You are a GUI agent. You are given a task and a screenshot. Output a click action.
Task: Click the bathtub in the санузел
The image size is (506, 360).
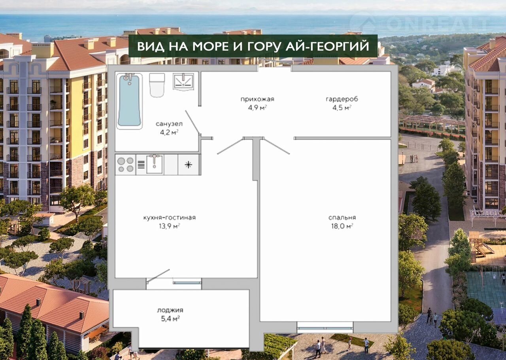click(x=129, y=101)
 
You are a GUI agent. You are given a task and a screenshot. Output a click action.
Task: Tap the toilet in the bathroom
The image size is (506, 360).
click(x=157, y=85)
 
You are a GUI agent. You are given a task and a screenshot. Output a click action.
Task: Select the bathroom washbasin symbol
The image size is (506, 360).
click(x=183, y=81)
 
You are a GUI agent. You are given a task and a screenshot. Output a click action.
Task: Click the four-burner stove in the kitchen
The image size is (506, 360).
click(x=125, y=165)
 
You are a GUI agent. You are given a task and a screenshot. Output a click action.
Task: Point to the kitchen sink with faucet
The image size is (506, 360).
click(x=154, y=164)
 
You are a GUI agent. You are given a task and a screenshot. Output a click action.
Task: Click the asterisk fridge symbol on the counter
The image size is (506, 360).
click(x=189, y=165)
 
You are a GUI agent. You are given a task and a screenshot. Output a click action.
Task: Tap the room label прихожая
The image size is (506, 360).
click(x=257, y=99)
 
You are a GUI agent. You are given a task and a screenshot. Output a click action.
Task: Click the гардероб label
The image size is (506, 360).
click(x=342, y=99)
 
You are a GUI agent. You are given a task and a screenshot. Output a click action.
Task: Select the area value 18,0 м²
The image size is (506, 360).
click(x=342, y=226)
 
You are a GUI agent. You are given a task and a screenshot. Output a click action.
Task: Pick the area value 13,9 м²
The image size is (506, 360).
click(x=169, y=226)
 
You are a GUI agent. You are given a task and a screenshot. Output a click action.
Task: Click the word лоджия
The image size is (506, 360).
click(x=170, y=310)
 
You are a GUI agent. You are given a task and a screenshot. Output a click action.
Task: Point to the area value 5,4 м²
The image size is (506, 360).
click(x=170, y=318)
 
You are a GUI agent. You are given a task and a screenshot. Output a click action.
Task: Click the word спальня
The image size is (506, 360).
click(x=342, y=218)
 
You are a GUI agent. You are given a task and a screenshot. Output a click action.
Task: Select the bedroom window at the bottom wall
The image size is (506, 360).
click(x=325, y=328)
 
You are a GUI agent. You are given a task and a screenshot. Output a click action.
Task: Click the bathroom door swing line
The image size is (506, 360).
click(x=193, y=122)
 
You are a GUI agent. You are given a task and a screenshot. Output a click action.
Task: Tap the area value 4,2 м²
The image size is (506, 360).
click(x=169, y=132)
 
